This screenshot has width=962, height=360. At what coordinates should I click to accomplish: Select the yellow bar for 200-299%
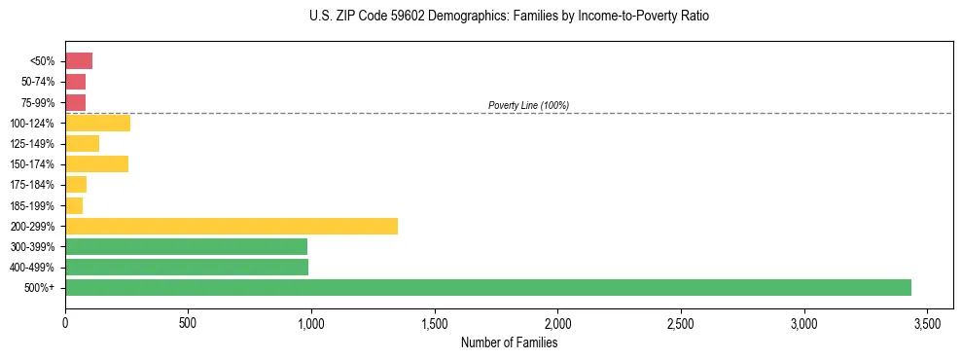click(232, 226)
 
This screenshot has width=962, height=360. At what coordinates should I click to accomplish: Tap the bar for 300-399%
click(186, 246)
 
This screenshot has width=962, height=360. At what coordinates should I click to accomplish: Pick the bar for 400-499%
click(187, 267)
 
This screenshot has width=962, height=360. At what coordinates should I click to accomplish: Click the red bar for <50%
click(79, 61)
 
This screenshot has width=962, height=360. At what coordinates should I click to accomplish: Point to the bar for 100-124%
click(97, 123)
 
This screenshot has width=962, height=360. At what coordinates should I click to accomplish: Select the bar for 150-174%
click(96, 163)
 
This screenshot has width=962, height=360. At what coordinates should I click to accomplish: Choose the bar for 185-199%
click(74, 205)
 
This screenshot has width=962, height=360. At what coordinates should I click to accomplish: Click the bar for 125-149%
click(82, 143)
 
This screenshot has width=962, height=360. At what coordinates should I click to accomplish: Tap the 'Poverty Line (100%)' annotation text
click(528, 105)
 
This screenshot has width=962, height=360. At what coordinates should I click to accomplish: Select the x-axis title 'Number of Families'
click(509, 342)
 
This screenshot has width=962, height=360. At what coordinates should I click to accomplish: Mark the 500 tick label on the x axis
click(188, 322)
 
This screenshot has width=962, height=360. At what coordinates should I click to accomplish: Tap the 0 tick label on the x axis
click(65, 322)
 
